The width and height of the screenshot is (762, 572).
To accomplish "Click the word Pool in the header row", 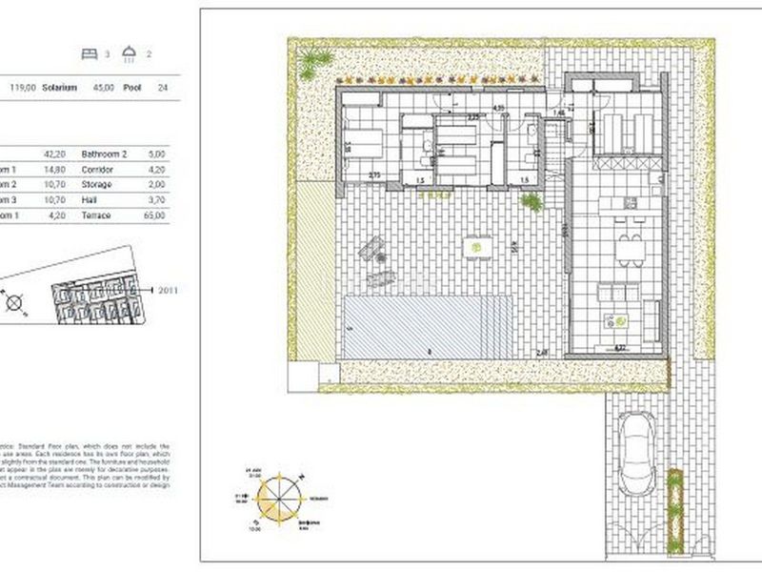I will [133, 87].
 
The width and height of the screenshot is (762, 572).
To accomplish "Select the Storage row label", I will [97, 184].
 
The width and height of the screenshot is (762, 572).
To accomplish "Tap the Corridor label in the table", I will [98, 168].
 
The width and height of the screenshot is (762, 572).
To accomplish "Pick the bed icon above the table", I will [90, 54].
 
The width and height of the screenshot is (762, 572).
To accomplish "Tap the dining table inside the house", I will [626, 249].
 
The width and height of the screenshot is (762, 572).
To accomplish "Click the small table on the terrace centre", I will [473, 247].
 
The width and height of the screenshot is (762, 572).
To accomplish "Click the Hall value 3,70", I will [157, 200].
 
